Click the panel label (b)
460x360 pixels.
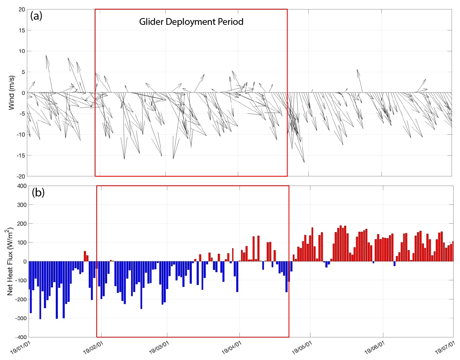pyautogui.click(x=38, y=193)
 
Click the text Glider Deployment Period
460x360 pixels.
pyautogui.click(x=191, y=22)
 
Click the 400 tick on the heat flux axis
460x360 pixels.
pyautogui.click(x=18, y=186)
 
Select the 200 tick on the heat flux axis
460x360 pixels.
pyautogui.click(x=18, y=223)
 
